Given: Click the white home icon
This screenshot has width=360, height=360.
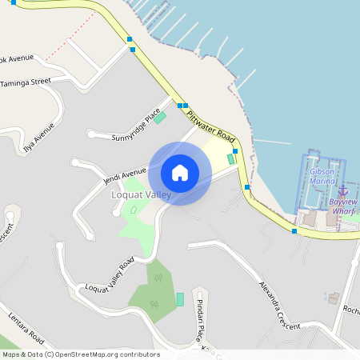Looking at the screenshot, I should click(180, 172).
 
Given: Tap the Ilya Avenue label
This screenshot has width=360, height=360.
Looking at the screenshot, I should click(39, 137).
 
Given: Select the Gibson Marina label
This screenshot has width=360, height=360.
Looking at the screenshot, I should click(323, 176).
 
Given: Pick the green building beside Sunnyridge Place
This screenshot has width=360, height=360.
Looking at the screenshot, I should click(160, 118).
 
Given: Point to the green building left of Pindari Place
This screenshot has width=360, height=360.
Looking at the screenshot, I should click(180, 298).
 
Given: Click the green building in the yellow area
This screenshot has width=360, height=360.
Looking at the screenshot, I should click(231, 158).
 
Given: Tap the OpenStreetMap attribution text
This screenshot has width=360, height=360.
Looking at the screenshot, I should click(81, 354).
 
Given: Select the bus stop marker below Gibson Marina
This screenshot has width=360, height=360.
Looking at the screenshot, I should click(294, 231).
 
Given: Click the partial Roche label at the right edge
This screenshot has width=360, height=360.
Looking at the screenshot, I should click(350, 310).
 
